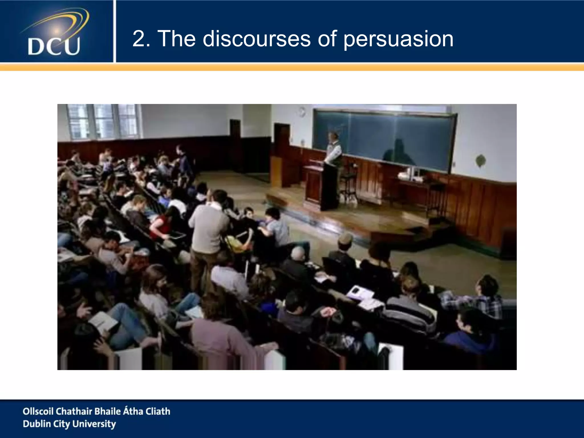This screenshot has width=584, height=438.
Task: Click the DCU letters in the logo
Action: tap(54, 46)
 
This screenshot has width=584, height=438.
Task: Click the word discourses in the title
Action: tap(256, 39)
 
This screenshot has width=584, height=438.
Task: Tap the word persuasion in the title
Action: tap(398, 39)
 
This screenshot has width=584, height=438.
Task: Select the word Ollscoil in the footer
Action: tap(38, 411)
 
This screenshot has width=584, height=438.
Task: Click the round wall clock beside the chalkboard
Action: tap(302, 111)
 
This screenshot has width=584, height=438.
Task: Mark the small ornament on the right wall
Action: tap(480, 160)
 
